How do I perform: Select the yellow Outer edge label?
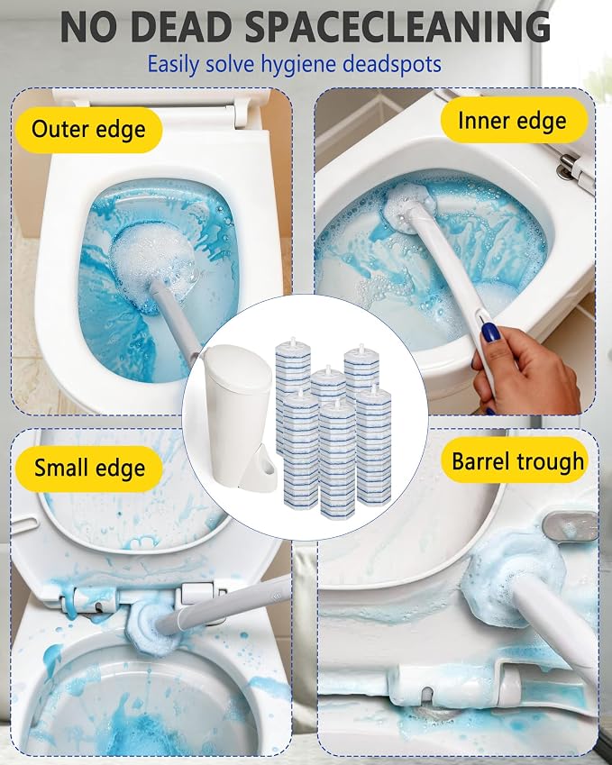pyautogui.click(x=88, y=130)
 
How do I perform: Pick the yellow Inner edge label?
pyautogui.click(x=514, y=121)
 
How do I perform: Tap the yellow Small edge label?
pyautogui.click(x=89, y=469)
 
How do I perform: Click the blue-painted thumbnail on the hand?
pyautogui.click(x=490, y=332)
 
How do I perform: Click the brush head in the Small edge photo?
pyautogui.click(x=151, y=627)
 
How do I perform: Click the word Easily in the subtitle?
pyautogui.click(x=173, y=64)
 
